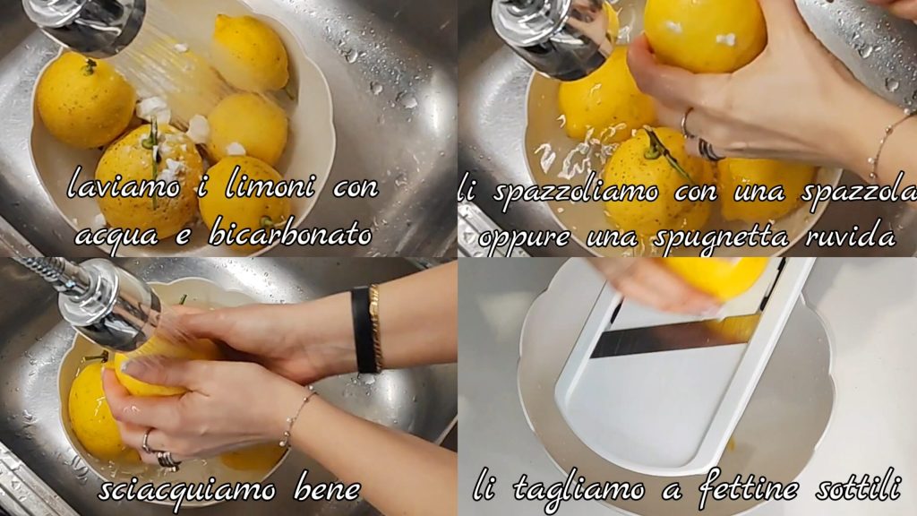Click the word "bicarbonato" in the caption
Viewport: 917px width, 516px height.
point(290,235)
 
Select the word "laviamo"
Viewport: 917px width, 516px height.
point(124,186)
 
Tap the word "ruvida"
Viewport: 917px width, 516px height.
point(851,236)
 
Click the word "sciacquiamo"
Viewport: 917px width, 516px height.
point(186,489)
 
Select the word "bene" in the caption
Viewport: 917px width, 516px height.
point(327,487)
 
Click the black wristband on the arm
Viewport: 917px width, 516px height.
point(364,330)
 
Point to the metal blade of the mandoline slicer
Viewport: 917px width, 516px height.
point(673,338)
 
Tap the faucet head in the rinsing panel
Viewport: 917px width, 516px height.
point(110,305)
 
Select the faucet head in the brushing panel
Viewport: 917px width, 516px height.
point(551,38)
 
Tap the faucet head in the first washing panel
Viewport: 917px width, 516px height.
point(85,24)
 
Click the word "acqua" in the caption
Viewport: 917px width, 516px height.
point(117,236)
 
